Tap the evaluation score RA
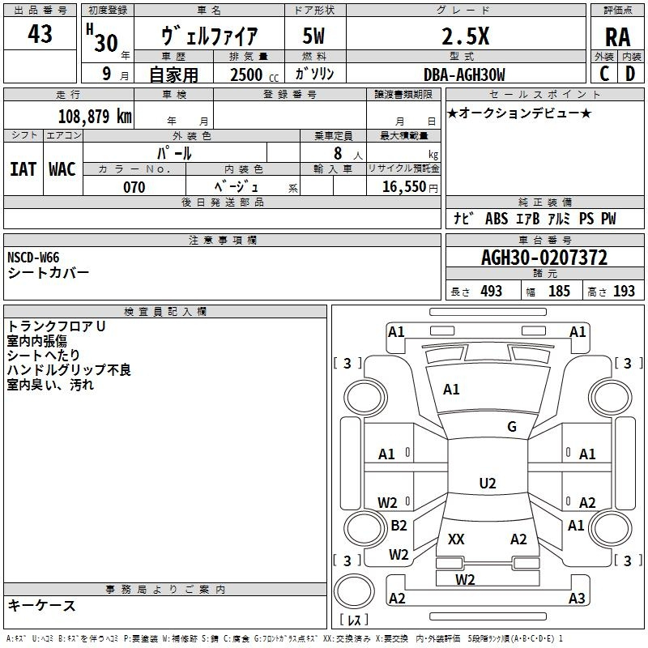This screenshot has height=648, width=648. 617,37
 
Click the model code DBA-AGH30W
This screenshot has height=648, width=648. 464,75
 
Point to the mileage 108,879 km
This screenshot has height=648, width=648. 95,116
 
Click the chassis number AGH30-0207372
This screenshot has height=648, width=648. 544,258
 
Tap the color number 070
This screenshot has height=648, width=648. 134,187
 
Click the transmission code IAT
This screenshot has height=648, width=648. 23,168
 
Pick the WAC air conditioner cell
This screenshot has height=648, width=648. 62,168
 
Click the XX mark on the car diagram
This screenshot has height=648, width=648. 456,539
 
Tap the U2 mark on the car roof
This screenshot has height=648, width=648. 487,484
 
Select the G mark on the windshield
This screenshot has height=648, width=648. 512,427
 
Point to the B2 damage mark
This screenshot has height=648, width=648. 399,526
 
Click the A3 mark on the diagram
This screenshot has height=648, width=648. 576,599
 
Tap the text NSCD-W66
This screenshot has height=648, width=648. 33,258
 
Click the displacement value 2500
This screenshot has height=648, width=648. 246,75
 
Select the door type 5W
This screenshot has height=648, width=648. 313,36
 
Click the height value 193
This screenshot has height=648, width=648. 624,292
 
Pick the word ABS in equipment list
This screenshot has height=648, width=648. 497,219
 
